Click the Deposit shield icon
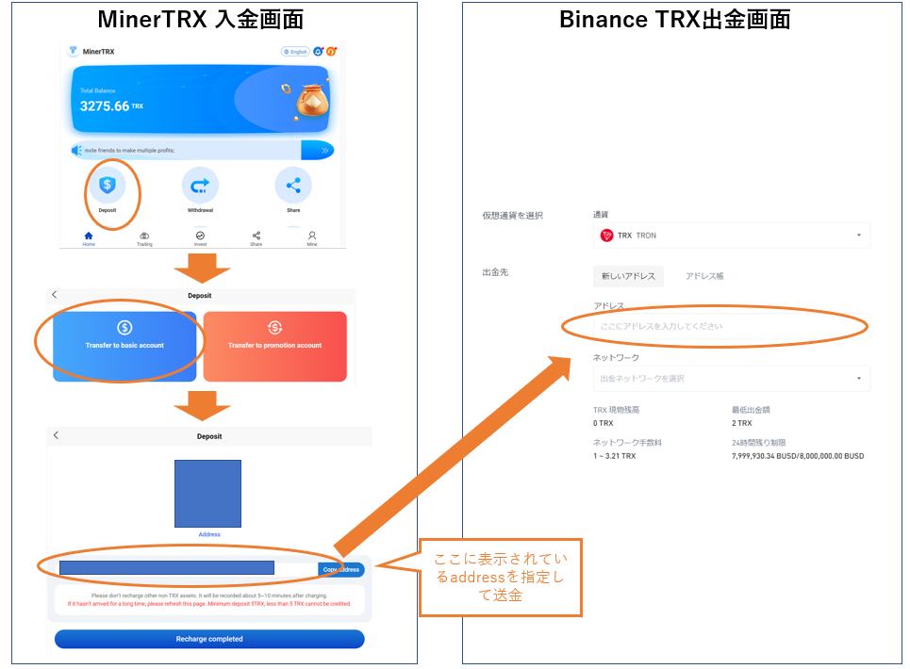pos(108,185)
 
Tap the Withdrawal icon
pos(200,185)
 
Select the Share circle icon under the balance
pos(293,185)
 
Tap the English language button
pos(295,52)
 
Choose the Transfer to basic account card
pos(124,346)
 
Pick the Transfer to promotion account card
pos(274,346)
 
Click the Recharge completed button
pos(209,639)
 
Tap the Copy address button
pos(341,570)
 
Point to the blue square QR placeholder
pos(207,494)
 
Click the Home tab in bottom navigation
pos(89,237)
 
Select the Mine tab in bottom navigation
pos(312,237)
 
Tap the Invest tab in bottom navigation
pos(200,237)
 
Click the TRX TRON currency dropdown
pos(731,236)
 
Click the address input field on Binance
pos(731,326)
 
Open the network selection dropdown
pos(731,379)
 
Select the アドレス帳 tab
pos(704,276)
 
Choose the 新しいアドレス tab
pos(629,276)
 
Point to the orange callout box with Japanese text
pos(500,577)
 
